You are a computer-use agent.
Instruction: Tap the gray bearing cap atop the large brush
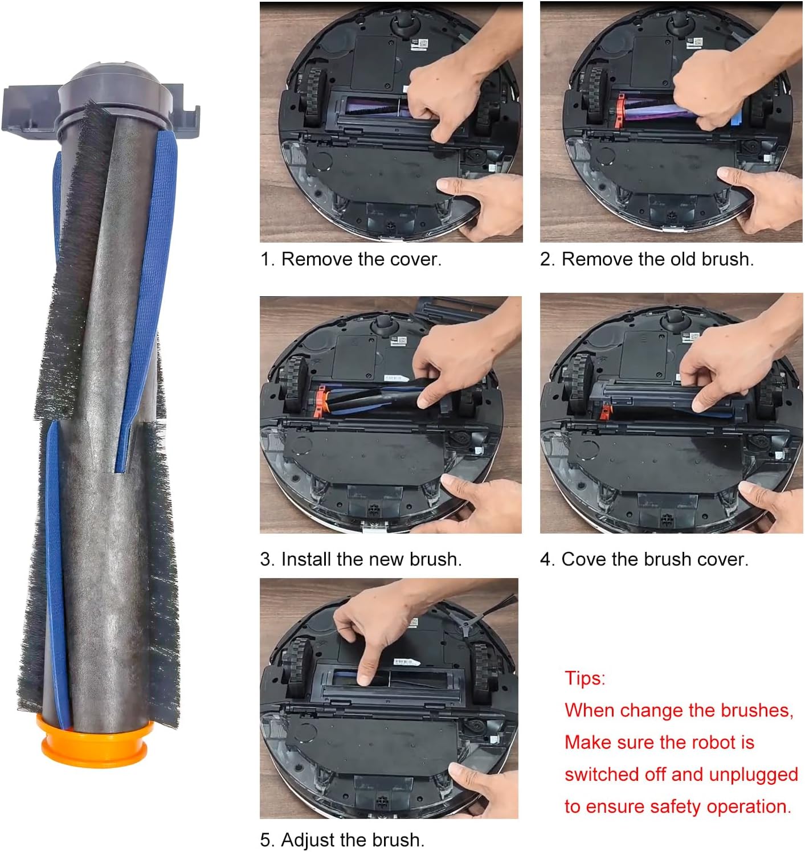(x=116, y=96)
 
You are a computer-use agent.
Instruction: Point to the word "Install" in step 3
(x=307, y=559)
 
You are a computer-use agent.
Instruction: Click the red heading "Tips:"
(x=585, y=679)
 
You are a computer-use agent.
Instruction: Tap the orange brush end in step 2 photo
(x=620, y=110)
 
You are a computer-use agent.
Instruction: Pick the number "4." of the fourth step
(x=547, y=559)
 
